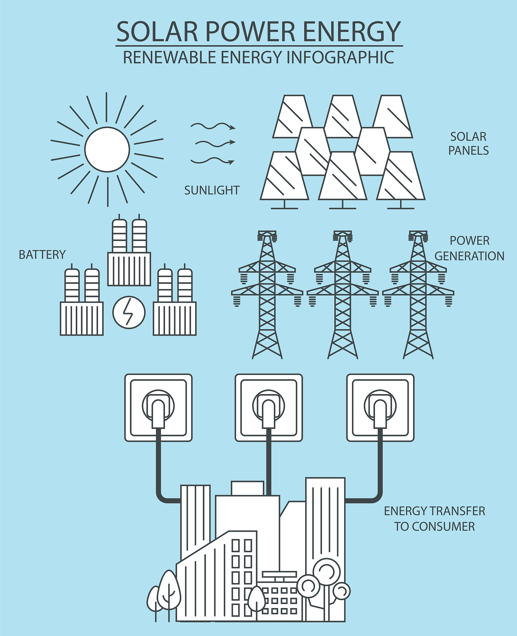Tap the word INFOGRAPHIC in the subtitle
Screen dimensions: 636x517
click(x=340, y=57)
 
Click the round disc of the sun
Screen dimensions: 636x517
click(x=107, y=149)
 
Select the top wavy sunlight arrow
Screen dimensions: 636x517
click(x=213, y=126)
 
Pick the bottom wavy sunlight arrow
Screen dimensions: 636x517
click(x=212, y=161)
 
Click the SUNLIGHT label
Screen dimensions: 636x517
click(x=212, y=190)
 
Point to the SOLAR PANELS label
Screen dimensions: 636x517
click(x=468, y=143)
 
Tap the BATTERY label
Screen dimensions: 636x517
click(x=42, y=255)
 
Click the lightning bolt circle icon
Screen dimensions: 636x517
click(x=129, y=312)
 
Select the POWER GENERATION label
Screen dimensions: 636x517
click(x=469, y=248)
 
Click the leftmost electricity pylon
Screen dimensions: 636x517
click(x=267, y=295)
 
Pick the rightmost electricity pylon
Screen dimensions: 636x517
click(x=418, y=295)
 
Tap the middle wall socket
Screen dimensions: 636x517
click(x=269, y=407)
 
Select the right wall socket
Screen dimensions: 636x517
click(x=380, y=407)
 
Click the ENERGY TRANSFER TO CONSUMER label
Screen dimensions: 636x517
click(x=435, y=519)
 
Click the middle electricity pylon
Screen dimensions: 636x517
click(x=343, y=295)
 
